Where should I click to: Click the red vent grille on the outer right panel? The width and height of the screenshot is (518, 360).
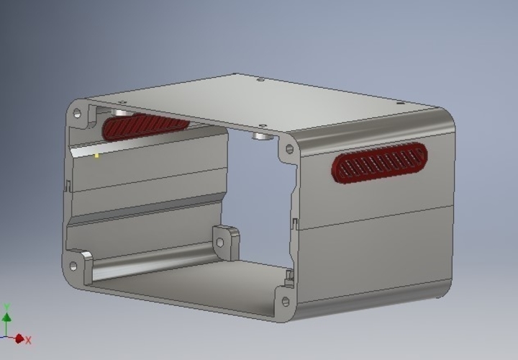(379, 165)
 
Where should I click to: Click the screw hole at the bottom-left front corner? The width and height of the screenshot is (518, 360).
(73, 266)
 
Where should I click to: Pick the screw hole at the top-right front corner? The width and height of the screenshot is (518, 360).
(290, 149)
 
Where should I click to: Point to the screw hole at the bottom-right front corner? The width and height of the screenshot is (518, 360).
(286, 302)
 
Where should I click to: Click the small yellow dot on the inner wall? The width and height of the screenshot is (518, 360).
(98, 156)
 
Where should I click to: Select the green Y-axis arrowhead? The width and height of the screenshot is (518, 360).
(6, 317)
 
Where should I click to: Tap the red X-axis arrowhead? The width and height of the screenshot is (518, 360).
(19, 338)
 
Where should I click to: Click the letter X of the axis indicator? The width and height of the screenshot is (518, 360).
(28, 340)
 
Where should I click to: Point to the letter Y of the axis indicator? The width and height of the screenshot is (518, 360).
(6, 307)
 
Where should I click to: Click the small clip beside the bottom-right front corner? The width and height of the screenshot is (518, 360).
(289, 276)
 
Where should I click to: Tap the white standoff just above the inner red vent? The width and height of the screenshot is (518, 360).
(119, 113)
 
